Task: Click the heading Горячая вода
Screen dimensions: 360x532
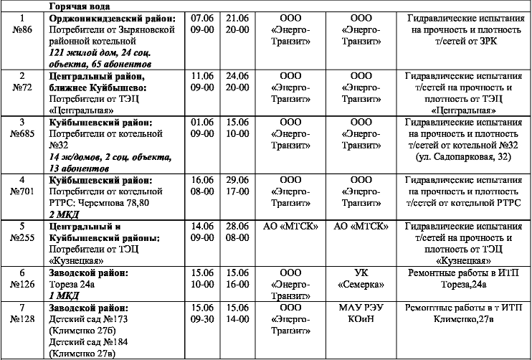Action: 75,6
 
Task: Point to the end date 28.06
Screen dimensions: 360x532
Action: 237,226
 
